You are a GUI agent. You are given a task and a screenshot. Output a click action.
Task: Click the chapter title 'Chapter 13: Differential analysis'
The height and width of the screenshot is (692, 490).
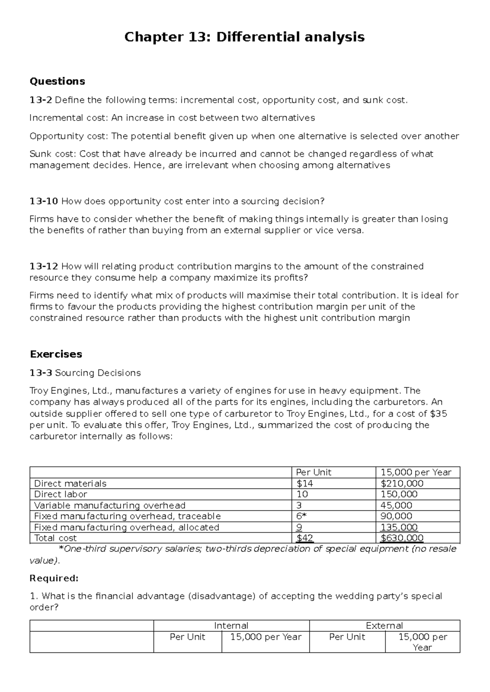(x=244, y=38)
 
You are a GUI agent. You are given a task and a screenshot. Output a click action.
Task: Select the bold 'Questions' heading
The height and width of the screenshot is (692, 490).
(x=57, y=81)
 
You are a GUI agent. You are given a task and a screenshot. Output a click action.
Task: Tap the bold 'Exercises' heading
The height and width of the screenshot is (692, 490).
(x=56, y=354)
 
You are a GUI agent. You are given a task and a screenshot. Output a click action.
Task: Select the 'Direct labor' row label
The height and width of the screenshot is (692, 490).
(x=60, y=494)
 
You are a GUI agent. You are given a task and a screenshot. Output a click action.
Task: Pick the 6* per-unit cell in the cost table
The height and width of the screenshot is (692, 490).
(x=301, y=516)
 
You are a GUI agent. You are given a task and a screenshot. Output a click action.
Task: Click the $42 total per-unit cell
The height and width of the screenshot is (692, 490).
(x=305, y=538)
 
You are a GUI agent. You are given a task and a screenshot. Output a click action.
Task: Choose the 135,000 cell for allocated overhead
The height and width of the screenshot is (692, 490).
(x=399, y=527)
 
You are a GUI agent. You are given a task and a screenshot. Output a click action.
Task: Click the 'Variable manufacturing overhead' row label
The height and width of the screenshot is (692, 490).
(x=109, y=505)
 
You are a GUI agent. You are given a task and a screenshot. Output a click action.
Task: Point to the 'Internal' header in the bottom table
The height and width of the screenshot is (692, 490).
(x=231, y=625)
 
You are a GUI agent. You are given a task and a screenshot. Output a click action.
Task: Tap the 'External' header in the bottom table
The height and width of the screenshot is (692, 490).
(x=384, y=625)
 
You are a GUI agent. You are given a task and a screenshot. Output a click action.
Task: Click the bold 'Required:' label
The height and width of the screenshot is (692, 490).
(x=54, y=578)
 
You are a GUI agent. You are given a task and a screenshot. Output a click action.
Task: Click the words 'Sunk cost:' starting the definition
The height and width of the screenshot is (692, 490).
(x=53, y=154)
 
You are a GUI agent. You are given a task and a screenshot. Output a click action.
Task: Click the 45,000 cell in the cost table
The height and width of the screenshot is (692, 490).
(x=396, y=505)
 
